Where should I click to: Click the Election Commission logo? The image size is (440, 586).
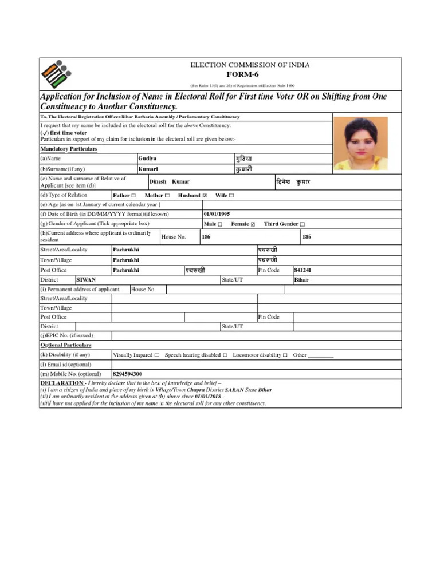(x=56, y=73)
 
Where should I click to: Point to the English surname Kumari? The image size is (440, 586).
(x=148, y=169)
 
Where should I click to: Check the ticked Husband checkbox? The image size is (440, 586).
(x=205, y=195)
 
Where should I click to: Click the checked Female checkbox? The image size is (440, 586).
(x=253, y=224)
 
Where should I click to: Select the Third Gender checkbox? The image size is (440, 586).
(x=302, y=224)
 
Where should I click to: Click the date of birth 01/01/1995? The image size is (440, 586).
(x=217, y=214)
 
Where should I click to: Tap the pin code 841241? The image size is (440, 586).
(x=303, y=270)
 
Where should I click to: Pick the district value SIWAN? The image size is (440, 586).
(x=87, y=280)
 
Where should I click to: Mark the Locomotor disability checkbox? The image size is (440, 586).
(x=285, y=355)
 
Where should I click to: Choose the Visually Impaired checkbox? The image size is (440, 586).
(x=157, y=355)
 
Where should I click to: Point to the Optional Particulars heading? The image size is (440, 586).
(x=65, y=345)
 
